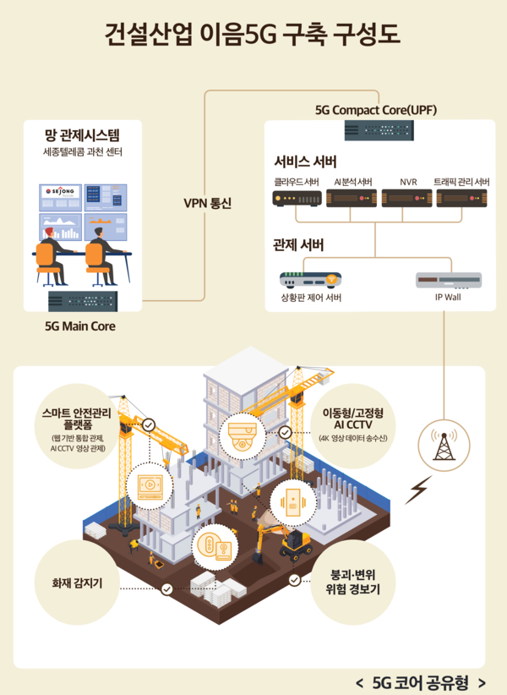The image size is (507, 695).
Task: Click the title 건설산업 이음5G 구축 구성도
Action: pyautogui.click(x=253, y=35)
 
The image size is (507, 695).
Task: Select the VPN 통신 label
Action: pyautogui.click(x=207, y=203)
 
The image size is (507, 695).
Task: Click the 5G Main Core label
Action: pyautogui.click(x=81, y=326)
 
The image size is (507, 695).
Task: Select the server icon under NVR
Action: pyautogui.click(x=407, y=199)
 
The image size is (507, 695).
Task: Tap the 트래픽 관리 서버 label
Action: pyautogui.click(x=461, y=182)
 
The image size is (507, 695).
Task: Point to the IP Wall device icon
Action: pyautogui.click(x=449, y=279)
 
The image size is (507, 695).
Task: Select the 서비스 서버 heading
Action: pyautogui.click(x=305, y=161)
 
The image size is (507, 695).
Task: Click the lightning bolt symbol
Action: pyautogui.click(x=417, y=490)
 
